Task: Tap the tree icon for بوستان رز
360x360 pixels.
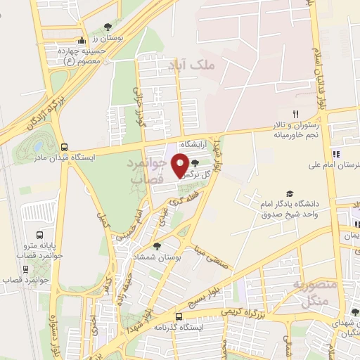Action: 107,27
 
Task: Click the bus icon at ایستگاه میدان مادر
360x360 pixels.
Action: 65,148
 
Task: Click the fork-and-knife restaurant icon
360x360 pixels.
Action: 296,113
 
